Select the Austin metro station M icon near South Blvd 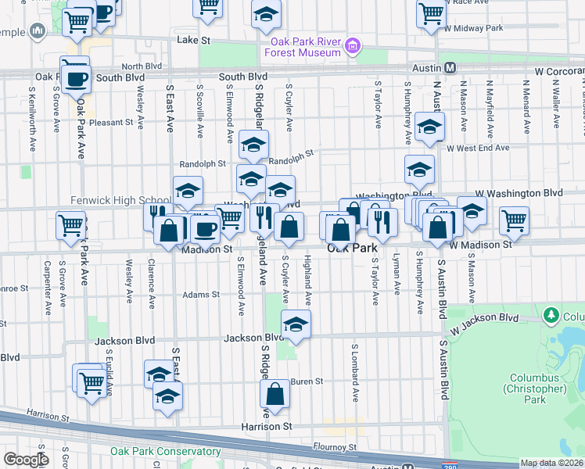click(x=450, y=68)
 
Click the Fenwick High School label click(x=121, y=200)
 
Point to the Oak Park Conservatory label click(x=165, y=451)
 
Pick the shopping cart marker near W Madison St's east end click(x=514, y=221)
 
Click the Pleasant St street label click(x=111, y=123)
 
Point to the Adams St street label click(x=201, y=295)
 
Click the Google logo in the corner click(x=26, y=460)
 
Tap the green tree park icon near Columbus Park click(x=551, y=314)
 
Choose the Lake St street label click(x=189, y=39)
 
